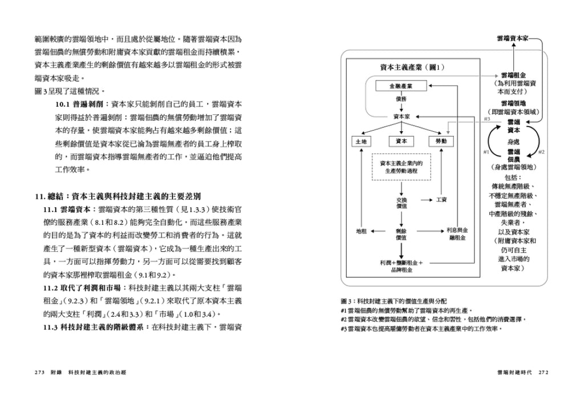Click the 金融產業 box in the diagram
coord(401,86)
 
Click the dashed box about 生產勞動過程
coord(401,167)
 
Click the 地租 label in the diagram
coord(361,231)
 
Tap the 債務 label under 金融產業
coord(401,99)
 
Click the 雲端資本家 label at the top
coord(512,38)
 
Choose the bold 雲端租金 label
coord(513,75)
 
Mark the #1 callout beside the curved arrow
coord(486,152)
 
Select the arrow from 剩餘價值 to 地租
coord(380,231)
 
